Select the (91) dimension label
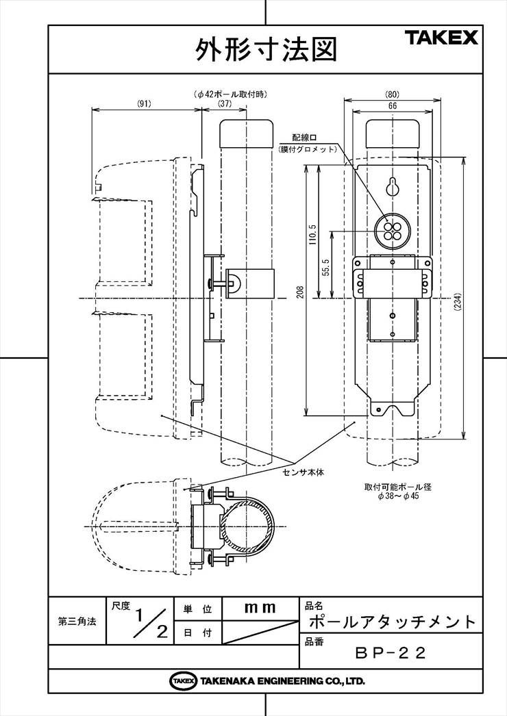(x=144, y=103)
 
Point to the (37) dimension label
(x=224, y=103)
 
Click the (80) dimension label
(x=392, y=94)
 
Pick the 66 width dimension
(x=392, y=105)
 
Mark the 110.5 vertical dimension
(x=313, y=235)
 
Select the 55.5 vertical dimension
(x=326, y=266)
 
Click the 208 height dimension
(x=299, y=292)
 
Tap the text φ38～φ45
(x=392, y=496)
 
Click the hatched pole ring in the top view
(x=243, y=526)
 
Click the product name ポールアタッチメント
(x=392, y=622)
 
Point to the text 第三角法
(x=77, y=622)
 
